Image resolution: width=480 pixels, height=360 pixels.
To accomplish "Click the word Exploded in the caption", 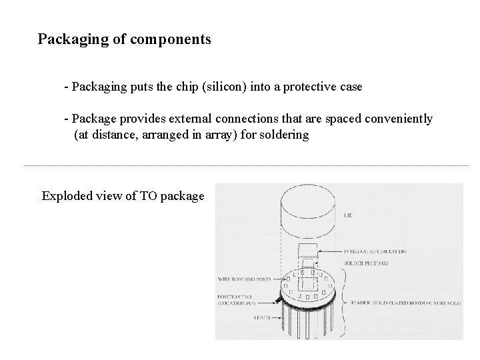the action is point(67,196).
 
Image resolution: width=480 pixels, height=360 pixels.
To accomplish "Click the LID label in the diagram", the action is point(347,216).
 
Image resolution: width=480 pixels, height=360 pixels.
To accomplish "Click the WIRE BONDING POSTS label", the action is point(244,279).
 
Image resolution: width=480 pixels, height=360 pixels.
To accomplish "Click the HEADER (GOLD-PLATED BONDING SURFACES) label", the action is point(403,303).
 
